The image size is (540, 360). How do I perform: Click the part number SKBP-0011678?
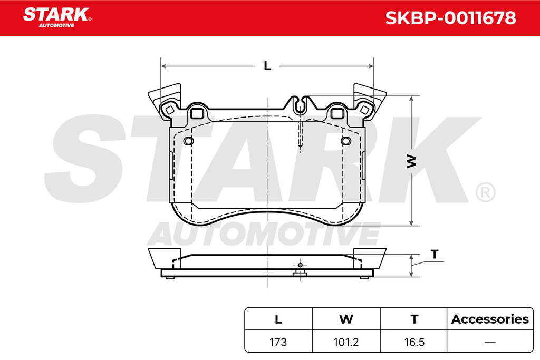(450, 18)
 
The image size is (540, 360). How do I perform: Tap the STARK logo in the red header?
(57, 17)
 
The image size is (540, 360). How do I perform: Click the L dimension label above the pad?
(267, 66)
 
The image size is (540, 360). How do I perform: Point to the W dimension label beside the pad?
(411, 161)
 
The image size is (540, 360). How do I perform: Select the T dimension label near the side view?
(435, 255)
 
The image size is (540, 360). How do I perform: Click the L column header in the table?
(278, 319)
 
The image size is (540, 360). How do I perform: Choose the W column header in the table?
(346, 319)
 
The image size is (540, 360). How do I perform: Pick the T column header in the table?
(414, 319)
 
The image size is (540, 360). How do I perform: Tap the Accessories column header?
(490, 319)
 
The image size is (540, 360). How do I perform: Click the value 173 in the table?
(278, 342)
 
